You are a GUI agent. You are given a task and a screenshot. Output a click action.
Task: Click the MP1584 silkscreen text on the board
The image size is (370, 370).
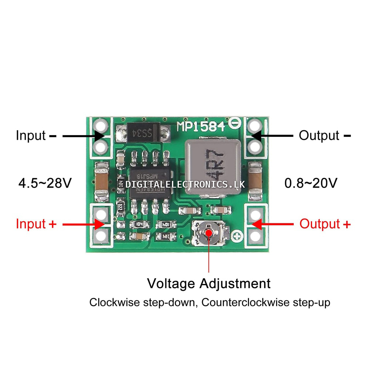tap(201, 127)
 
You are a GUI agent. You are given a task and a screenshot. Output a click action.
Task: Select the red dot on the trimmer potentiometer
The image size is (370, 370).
tap(210, 233)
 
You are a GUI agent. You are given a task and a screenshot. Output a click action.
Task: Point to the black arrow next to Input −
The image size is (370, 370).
tap(83, 136)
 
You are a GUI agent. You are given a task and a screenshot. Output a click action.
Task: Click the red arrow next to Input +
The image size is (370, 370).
tap(83, 224)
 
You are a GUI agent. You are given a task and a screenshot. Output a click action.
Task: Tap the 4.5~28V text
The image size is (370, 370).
tap(45, 183)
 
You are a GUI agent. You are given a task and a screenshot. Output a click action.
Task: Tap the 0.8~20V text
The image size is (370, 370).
tap(311, 183)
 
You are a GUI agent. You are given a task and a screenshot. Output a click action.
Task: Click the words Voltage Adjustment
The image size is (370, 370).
tap(209, 284)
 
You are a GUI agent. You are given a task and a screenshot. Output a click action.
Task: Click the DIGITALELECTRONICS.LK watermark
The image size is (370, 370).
tap(185, 184)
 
